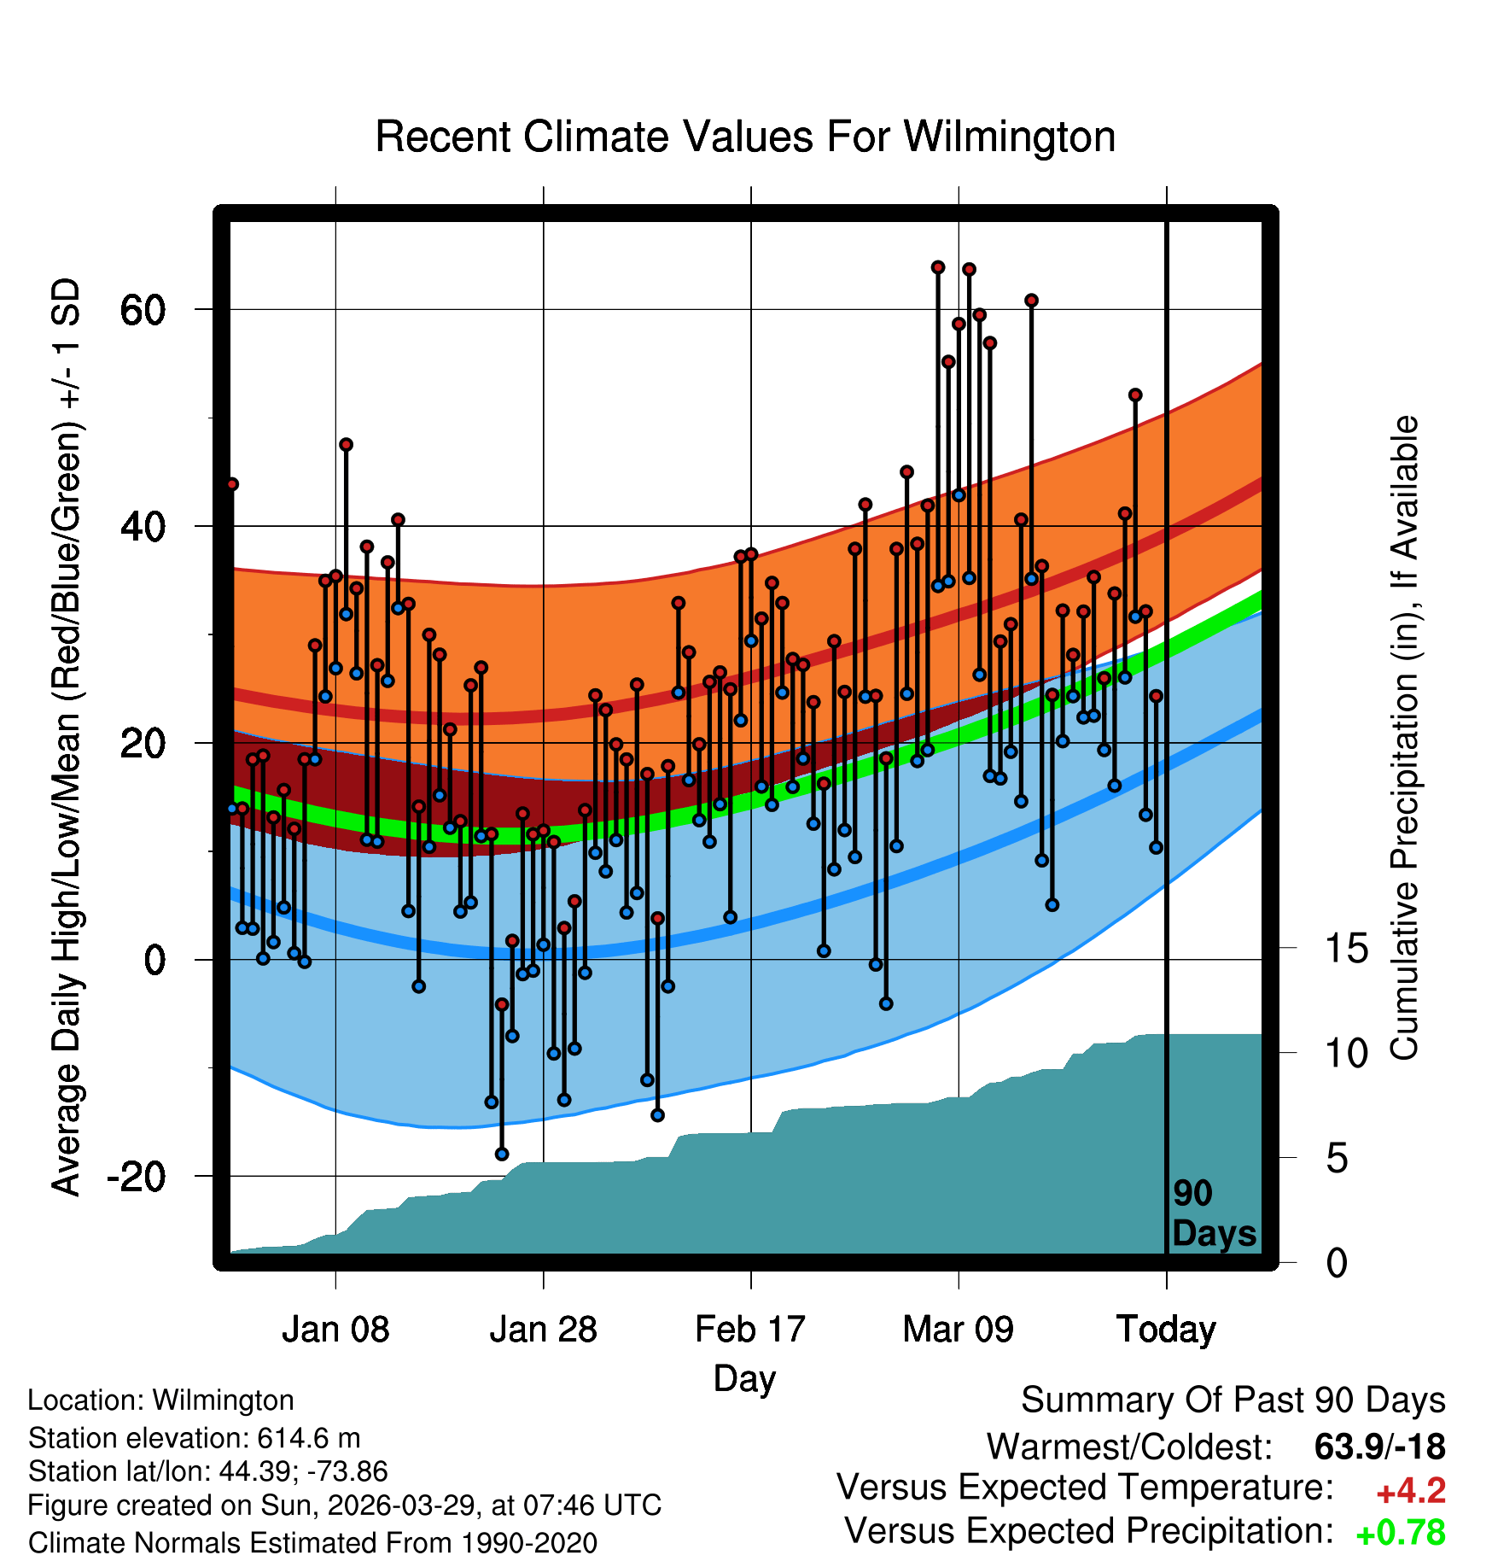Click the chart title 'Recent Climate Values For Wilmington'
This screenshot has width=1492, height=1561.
745,137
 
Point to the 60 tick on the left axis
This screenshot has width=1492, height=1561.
143,310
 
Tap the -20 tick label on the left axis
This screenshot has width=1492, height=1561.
136,1177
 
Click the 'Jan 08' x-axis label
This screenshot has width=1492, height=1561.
335,1329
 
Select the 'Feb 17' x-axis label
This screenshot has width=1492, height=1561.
750,1329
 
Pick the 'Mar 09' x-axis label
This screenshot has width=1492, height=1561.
958,1329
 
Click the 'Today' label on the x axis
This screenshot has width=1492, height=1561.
1166,1330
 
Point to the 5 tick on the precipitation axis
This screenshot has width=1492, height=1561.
1337,1159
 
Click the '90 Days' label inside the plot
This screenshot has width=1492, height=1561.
1214,1213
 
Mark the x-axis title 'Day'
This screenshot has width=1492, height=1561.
744,1379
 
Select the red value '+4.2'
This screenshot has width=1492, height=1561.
1411,1491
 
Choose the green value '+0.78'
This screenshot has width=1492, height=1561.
1401,1533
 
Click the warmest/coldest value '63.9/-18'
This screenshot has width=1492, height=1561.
1380,1447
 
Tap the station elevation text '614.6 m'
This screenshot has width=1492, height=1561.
309,1438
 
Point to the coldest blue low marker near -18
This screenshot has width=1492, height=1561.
502,1154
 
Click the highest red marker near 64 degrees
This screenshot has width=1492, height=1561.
937,267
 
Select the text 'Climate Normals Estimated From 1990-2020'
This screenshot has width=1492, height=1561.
312,1543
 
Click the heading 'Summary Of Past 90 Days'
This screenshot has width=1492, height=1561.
1233,1400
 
